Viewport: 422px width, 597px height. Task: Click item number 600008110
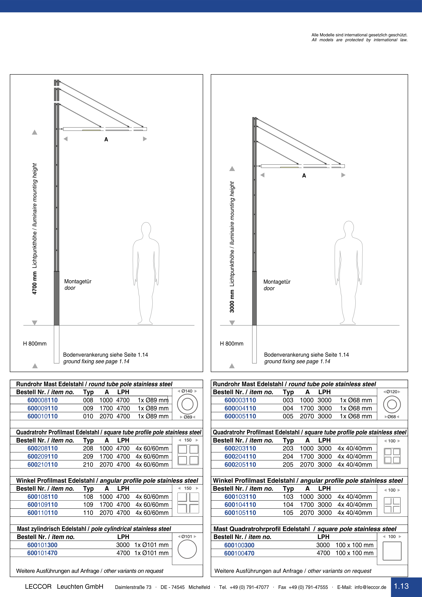43,400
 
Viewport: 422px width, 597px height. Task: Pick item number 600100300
239,545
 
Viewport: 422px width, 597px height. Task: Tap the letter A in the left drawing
106,140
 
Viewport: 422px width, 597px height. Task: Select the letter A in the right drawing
304,176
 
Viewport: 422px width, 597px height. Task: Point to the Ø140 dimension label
187,391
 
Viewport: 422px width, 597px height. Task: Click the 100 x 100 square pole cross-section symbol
392,551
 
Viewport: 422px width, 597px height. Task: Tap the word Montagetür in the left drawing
78,281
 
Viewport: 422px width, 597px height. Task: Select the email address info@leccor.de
370,587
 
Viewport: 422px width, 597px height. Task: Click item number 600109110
43,505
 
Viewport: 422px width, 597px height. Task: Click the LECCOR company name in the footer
38,587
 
